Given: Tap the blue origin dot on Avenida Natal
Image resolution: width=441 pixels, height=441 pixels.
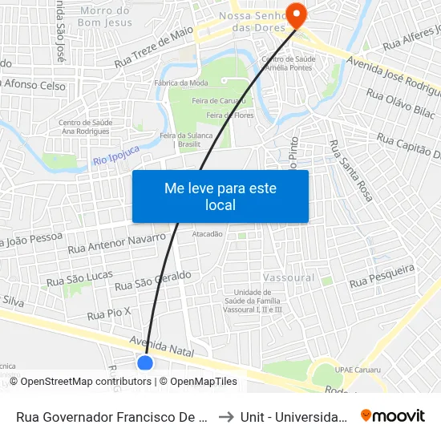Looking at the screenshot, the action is point(145,362).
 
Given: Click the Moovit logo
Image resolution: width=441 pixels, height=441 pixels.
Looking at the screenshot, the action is point(393,415).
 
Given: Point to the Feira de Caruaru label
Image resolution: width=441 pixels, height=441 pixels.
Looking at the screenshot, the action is point(212,101).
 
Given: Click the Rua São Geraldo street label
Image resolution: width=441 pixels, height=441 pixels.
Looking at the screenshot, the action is point(152,281).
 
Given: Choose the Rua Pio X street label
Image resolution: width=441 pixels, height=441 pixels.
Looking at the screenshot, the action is point(108,312).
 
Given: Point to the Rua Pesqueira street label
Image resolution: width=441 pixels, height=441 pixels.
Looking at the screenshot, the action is point(382,275).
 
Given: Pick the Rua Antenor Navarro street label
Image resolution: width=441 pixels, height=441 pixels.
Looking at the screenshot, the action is point(117,244).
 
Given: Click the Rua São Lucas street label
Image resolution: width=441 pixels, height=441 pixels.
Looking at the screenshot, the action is point(79,277).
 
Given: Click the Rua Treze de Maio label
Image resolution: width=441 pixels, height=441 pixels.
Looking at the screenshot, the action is point(154,47).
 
